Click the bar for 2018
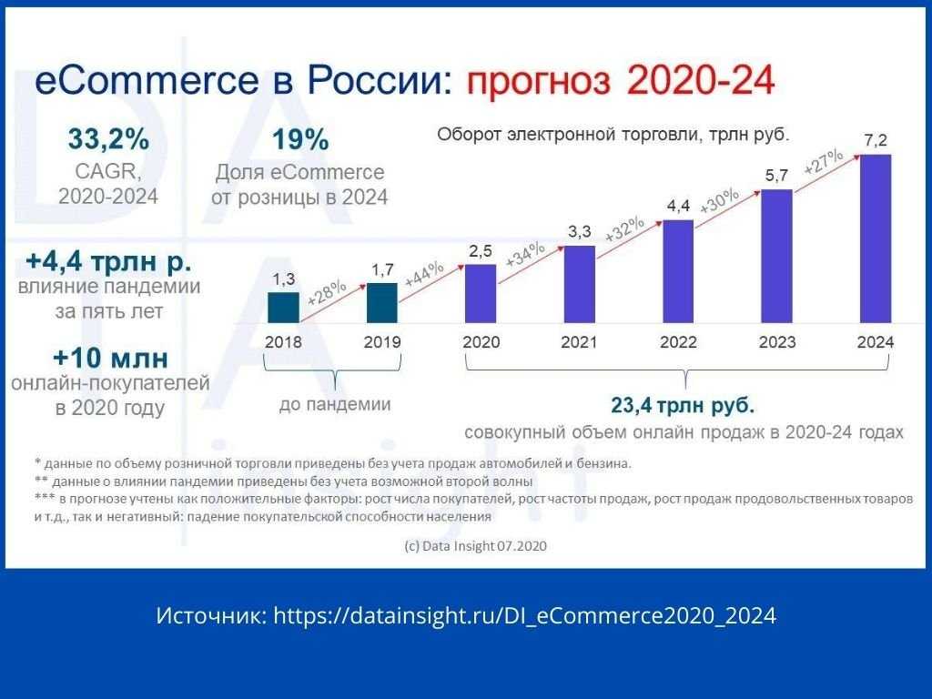(284, 308)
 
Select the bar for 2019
(382, 303)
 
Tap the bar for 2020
(481, 294)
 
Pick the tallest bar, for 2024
(876, 239)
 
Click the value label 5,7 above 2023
(776, 176)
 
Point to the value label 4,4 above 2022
(678, 206)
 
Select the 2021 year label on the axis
(579, 342)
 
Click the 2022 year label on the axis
(678, 342)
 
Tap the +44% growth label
(424, 273)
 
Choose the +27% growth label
(823, 161)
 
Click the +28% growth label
(327, 292)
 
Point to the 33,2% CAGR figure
(108, 139)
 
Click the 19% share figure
(300, 139)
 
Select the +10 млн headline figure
(110, 358)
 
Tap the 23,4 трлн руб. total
(683, 406)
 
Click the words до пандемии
(335, 404)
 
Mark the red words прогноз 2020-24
(621, 80)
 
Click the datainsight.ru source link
(525, 616)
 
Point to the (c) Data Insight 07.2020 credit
(475, 546)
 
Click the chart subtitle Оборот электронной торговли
(563, 135)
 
